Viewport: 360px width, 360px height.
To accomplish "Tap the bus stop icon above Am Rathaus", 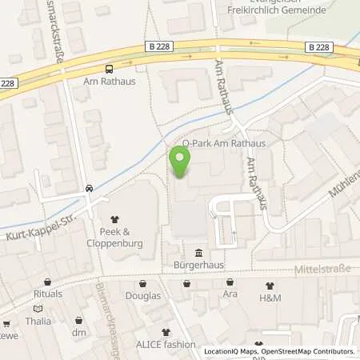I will tap(109, 69).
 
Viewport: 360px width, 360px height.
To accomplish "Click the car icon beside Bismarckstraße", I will tap(89, 190).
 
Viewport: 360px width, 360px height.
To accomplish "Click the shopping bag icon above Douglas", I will tap(143, 283).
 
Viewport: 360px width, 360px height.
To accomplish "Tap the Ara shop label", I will tap(230, 294).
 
